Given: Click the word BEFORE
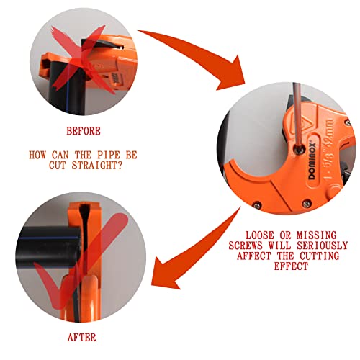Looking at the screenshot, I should (84, 131).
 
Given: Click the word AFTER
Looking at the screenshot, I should (82, 336).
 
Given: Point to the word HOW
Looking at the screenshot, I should (37, 154).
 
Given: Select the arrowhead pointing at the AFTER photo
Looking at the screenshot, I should (169, 270).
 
